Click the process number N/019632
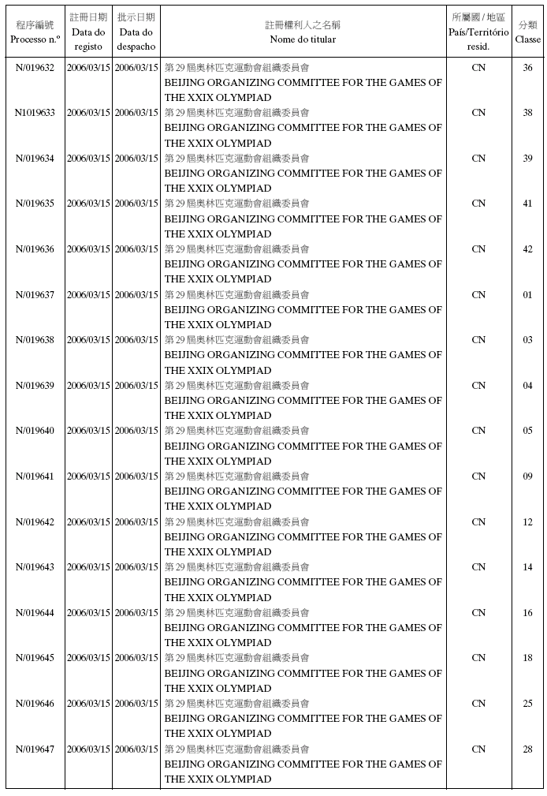tap(35, 68)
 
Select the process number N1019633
tap(35, 113)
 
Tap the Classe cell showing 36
tap(527, 68)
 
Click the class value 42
tap(527, 249)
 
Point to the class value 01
tap(527, 295)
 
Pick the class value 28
tap(527, 749)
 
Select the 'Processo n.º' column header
tap(35, 32)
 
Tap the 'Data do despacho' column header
tap(136, 32)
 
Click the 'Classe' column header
tap(527, 32)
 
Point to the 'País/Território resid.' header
tap(478, 32)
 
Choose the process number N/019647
tap(35, 749)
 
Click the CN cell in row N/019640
tap(478, 431)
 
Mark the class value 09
tap(527, 476)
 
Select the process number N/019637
tap(35, 295)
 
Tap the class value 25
tap(527, 704)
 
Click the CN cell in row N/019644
tap(478, 613)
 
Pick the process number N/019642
tap(35, 522)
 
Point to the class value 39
tap(527, 159)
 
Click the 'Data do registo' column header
tap(88, 32)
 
